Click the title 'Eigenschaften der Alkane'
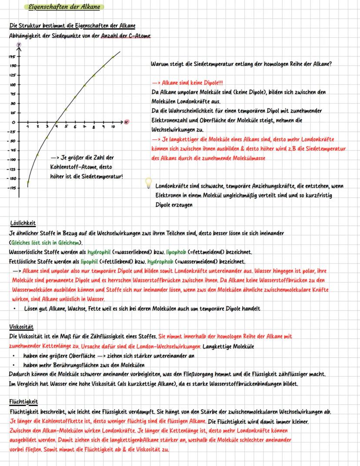click(63, 7)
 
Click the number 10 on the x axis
click(113, 127)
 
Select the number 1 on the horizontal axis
click(28, 127)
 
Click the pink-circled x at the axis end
click(126, 122)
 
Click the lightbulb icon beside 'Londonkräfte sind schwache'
click(148, 183)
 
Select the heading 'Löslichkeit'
click(23, 223)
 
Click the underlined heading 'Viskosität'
click(21, 327)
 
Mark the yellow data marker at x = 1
click(28, 182)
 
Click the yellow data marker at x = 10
click(113, 57)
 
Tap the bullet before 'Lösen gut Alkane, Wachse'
click(15, 309)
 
